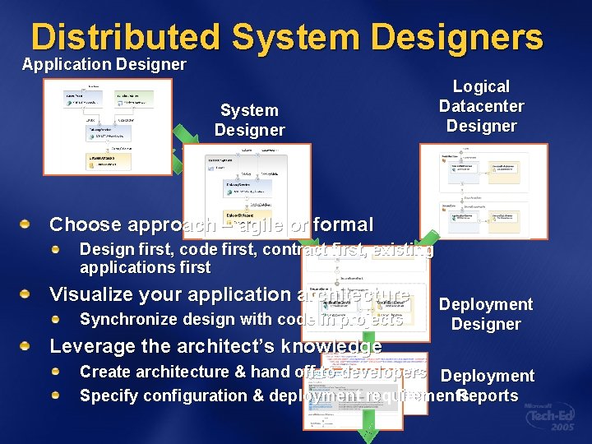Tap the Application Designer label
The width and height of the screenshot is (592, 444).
point(104,64)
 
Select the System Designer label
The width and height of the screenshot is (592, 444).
point(249,120)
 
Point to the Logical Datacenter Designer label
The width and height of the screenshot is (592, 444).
point(481,106)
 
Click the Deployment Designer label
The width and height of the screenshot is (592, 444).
point(485,314)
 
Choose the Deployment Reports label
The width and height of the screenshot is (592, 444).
point(487,386)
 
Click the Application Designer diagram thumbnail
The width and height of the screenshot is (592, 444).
point(107,126)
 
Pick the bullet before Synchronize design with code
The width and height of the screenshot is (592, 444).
point(57,319)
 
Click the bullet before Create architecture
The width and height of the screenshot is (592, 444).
point(57,372)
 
